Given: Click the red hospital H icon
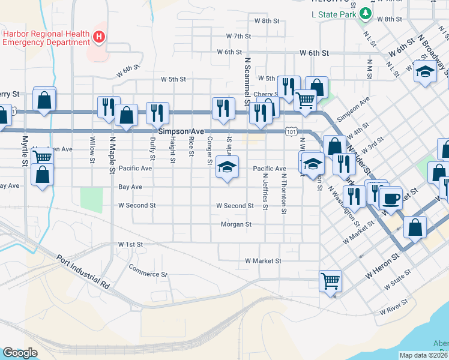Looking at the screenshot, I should [100, 38].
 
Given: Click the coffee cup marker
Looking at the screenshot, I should [391, 199].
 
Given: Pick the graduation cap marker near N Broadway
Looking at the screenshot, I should [426, 72].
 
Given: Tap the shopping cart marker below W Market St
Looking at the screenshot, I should [330, 281].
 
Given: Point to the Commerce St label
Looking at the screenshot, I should [148, 271].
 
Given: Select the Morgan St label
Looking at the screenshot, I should [236, 224].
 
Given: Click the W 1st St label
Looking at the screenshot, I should [130, 244].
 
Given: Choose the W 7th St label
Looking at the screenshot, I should [238, 36].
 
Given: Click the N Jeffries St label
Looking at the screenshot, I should [265, 192].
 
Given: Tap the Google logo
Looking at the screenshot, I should [20, 352].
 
